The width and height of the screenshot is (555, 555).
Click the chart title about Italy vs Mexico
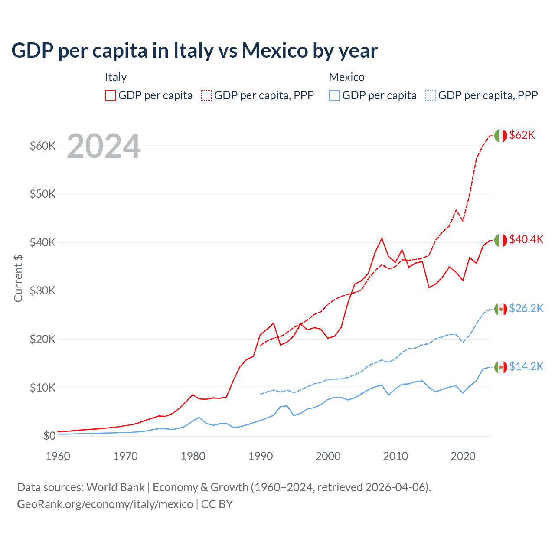(195, 50)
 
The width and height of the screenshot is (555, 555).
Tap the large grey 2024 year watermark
(104, 147)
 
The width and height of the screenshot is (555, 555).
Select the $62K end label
(522, 135)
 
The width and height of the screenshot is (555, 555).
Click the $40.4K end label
(526, 239)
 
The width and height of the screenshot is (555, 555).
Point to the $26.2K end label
(526, 308)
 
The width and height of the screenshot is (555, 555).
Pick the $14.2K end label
(526, 366)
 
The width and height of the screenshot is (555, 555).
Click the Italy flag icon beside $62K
(500, 136)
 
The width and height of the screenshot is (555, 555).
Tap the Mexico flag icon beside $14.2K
(500, 367)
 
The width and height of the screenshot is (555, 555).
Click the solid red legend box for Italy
(111, 95)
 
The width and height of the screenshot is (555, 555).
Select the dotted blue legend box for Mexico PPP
(431, 95)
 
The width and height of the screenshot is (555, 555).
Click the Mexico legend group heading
(346, 77)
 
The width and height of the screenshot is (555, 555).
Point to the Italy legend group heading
(116, 77)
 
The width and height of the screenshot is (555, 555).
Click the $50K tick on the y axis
(42, 194)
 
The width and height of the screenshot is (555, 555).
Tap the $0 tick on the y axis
(49, 436)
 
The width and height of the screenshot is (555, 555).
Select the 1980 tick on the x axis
(193, 456)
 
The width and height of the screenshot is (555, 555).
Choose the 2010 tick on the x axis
(395, 456)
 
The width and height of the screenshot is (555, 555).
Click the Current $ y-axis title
(18, 278)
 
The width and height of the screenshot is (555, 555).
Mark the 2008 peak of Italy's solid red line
(382, 238)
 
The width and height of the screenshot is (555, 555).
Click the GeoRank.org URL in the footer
(105, 504)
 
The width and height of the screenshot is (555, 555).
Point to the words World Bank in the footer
(115, 487)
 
